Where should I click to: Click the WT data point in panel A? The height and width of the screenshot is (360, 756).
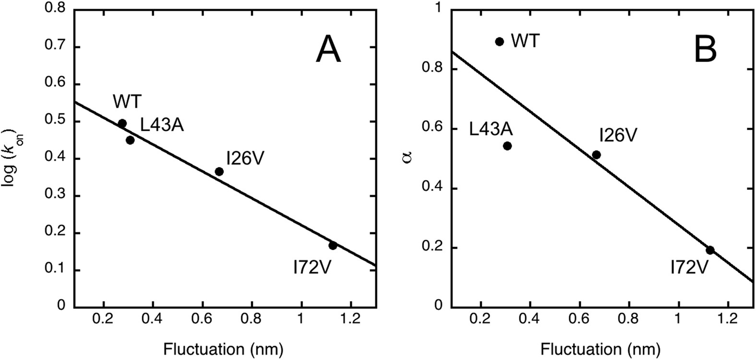click(122, 123)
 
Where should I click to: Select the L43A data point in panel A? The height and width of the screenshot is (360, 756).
click(130, 140)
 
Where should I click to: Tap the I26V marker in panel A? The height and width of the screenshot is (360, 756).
click(219, 171)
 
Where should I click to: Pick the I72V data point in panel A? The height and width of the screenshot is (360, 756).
click(333, 245)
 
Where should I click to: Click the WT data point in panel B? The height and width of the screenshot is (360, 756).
click(499, 41)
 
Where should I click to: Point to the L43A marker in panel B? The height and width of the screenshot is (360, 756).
click(507, 146)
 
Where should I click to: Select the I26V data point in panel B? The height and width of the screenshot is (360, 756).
click(597, 155)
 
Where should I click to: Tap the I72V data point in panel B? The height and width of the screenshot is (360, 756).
click(710, 250)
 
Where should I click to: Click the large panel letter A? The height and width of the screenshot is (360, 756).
click(328, 50)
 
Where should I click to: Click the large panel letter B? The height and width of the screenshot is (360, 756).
click(706, 50)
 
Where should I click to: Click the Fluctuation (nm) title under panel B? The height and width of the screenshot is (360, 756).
click(601, 348)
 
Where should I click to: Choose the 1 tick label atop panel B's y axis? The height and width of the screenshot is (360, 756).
click(436, 10)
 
